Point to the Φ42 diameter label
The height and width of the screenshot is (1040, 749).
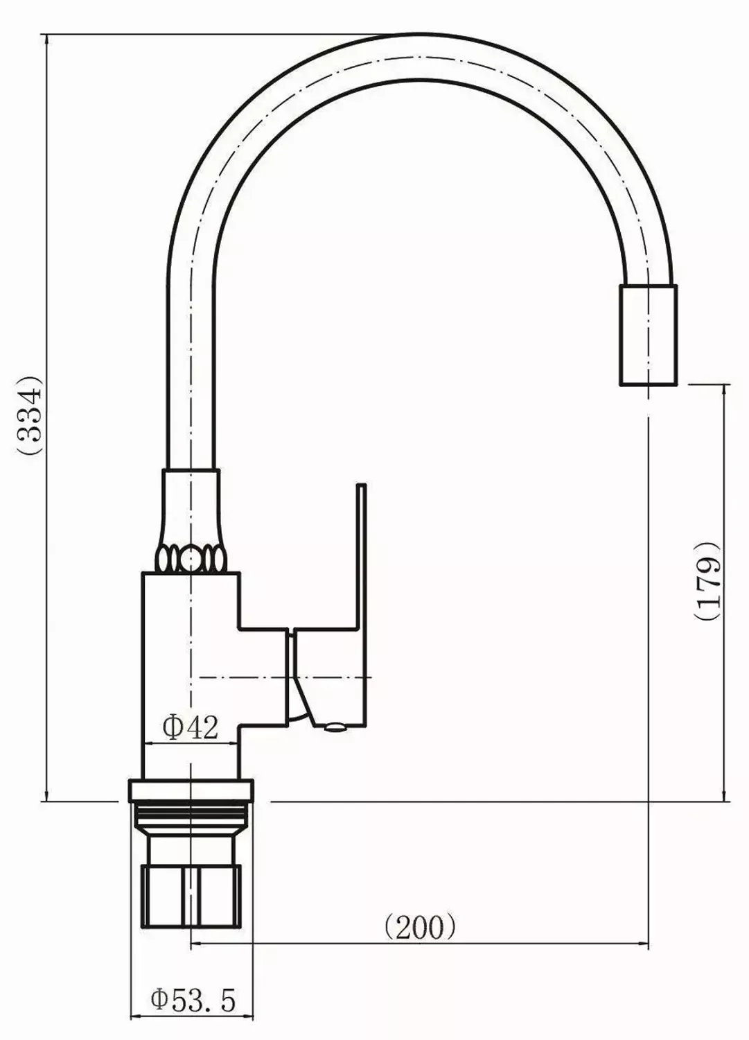click(191, 728)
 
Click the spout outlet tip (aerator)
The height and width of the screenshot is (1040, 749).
click(649, 334)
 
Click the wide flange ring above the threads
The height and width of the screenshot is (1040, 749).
click(191, 790)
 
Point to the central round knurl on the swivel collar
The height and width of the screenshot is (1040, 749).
click(191, 557)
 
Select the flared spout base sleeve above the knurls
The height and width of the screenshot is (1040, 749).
click(191, 506)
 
